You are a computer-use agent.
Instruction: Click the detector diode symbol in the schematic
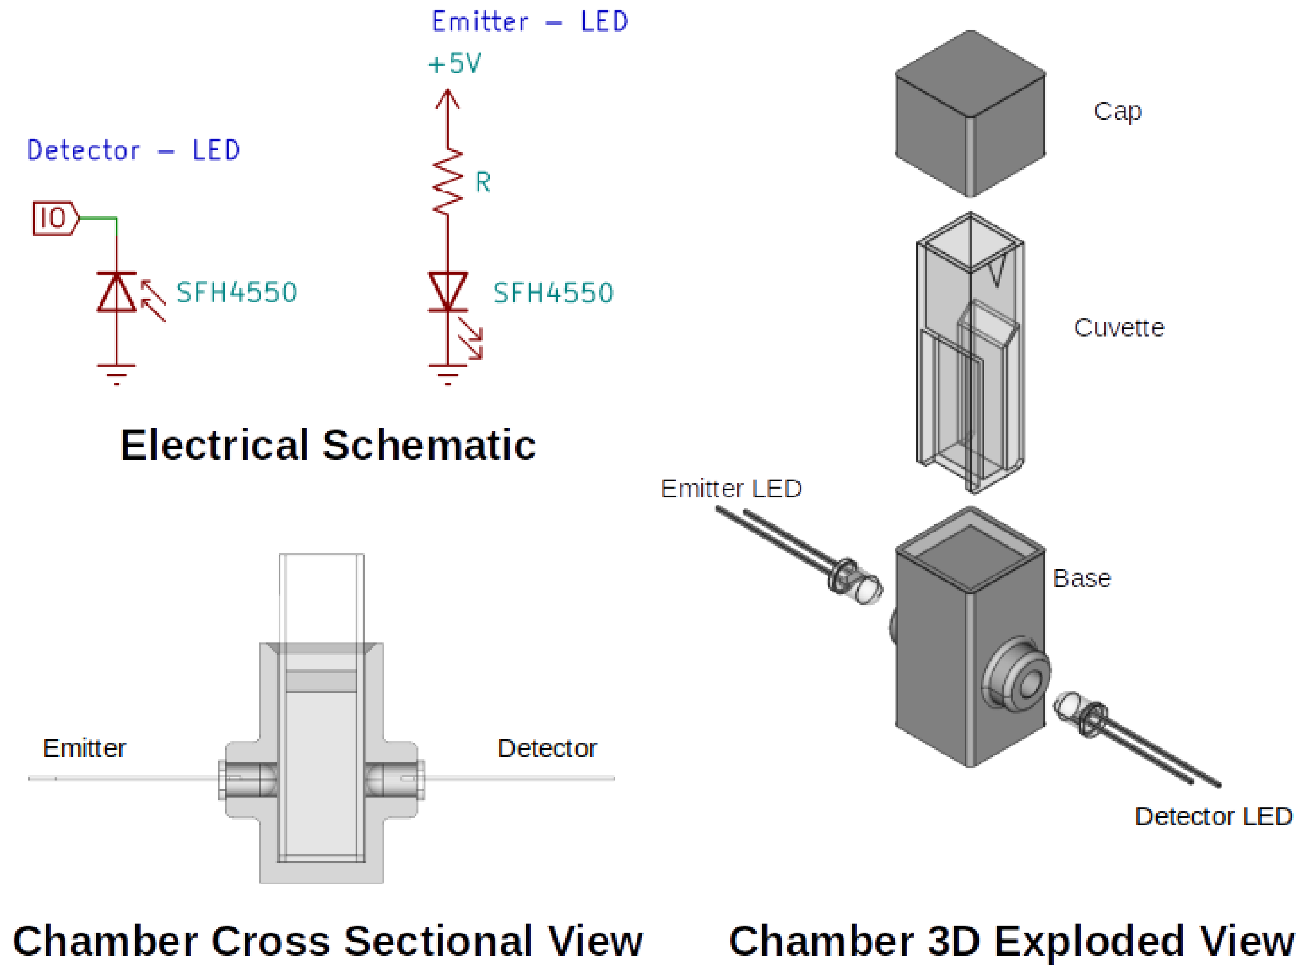(x=117, y=292)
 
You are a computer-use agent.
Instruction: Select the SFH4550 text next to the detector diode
(x=237, y=292)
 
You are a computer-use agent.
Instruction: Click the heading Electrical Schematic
(x=328, y=445)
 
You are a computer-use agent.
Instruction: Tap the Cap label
(x=1117, y=111)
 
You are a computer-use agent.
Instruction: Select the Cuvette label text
(x=1119, y=328)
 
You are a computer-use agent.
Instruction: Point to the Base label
(x=1082, y=578)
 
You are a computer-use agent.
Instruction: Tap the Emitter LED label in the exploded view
(x=731, y=489)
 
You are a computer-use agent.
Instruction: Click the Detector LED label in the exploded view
(x=1213, y=816)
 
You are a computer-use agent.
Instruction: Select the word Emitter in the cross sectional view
(x=84, y=748)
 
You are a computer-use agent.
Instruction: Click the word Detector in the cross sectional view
(x=547, y=748)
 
